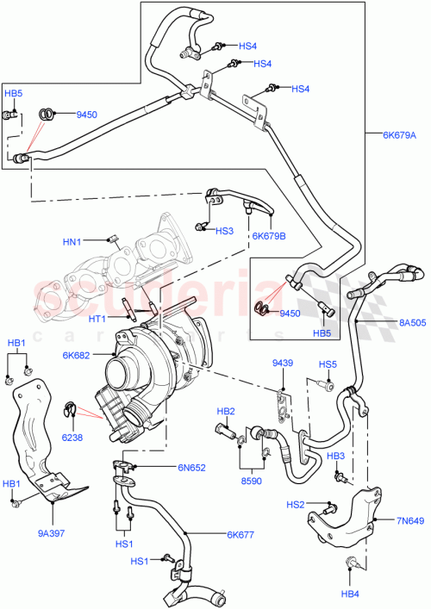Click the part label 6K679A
pos(399,134)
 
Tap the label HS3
pos(224,231)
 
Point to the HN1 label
pos(72,242)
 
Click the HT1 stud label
pos(97,319)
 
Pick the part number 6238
pos(72,438)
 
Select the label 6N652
pos(194,468)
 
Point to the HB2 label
pos(226,411)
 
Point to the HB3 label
pos(336,455)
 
